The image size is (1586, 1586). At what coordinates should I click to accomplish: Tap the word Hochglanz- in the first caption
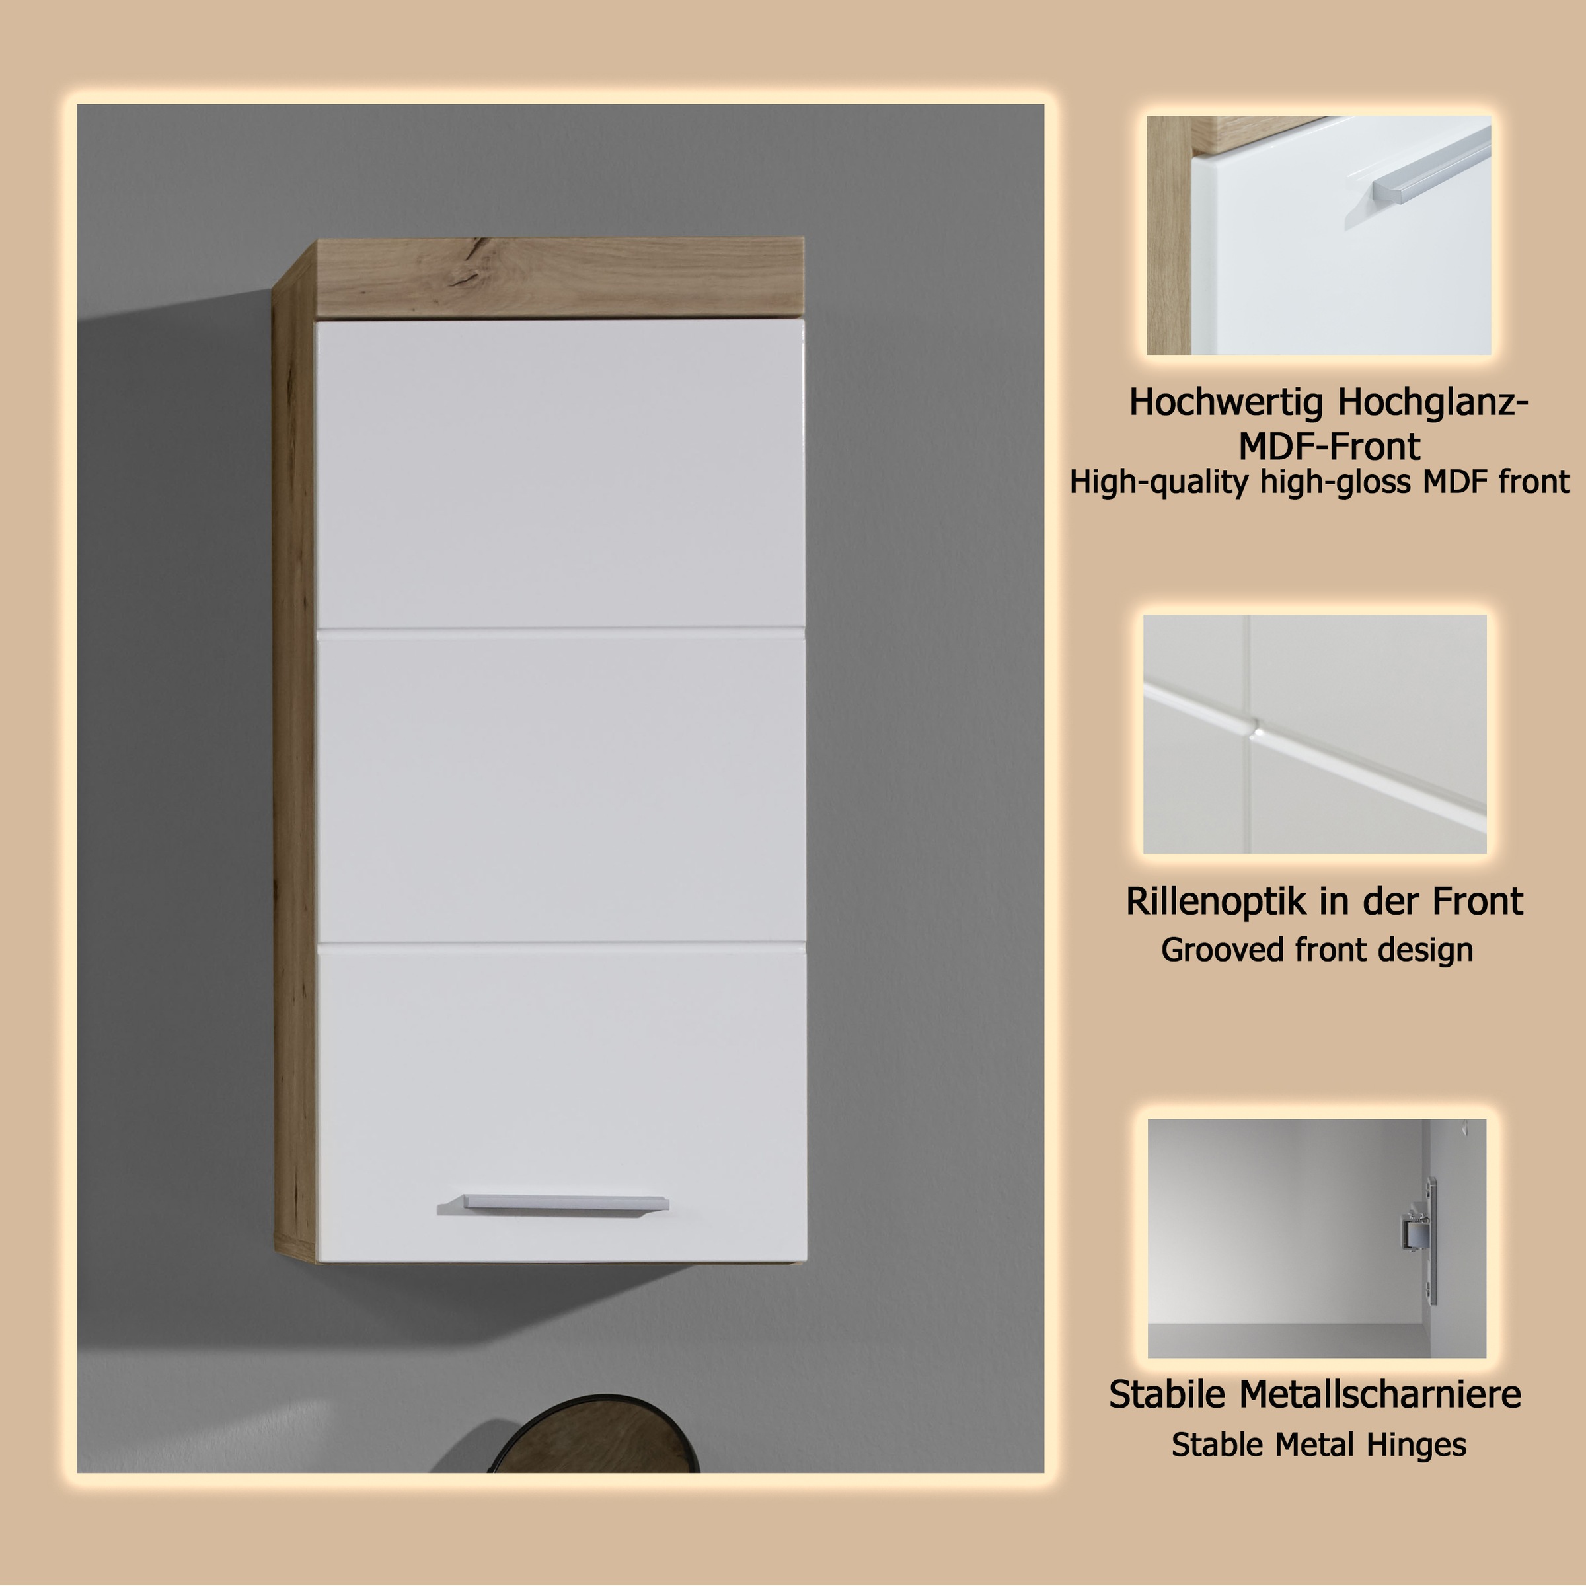pyautogui.click(x=1433, y=402)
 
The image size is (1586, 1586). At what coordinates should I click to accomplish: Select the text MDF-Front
pyautogui.click(x=1329, y=447)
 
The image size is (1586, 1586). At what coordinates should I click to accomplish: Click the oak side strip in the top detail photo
pyautogui.click(x=1168, y=238)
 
